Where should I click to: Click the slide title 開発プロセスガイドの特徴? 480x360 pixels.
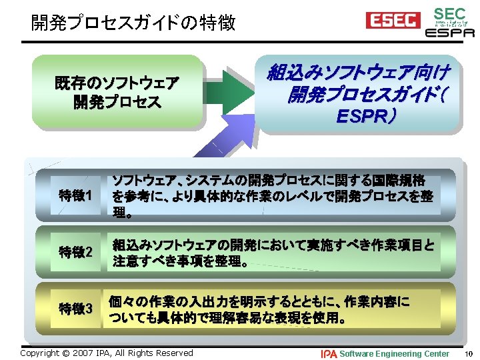click(x=133, y=24)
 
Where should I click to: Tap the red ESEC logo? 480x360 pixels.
click(x=393, y=21)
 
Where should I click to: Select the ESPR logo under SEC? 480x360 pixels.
click(x=450, y=32)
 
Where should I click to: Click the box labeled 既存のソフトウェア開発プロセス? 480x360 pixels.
click(x=117, y=93)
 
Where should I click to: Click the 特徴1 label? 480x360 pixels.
click(x=75, y=196)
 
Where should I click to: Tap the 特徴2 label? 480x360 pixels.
click(x=75, y=253)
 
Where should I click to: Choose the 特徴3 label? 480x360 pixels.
click(x=75, y=309)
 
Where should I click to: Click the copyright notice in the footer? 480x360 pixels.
click(x=107, y=353)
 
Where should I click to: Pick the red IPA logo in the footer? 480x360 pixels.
click(x=329, y=353)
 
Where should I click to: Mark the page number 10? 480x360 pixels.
click(x=469, y=353)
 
